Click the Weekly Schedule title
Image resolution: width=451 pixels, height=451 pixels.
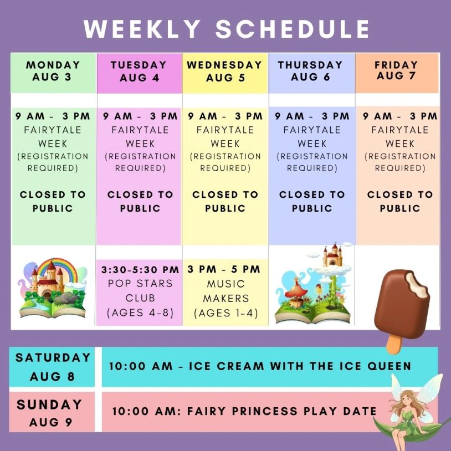pyautogui.click(x=227, y=29)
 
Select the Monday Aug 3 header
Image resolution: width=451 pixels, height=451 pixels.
pyautogui.click(x=53, y=71)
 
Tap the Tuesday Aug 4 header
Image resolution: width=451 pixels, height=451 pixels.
pyautogui.click(x=139, y=71)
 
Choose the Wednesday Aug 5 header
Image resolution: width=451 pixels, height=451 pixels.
pyautogui.click(x=224, y=71)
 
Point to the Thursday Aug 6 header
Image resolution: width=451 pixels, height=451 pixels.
pyautogui.click(x=310, y=71)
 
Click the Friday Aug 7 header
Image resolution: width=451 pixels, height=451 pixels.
pyautogui.click(x=396, y=70)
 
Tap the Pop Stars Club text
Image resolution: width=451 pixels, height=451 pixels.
pyautogui.click(x=140, y=290)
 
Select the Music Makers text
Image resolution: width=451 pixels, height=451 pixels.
pyautogui.click(x=226, y=291)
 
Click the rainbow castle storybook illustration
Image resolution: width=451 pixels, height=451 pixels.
pyautogui.click(x=52, y=288)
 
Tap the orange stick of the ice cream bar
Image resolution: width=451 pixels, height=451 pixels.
pyautogui.click(x=394, y=344)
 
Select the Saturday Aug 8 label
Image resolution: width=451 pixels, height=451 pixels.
pyautogui.click(x=53, y=367)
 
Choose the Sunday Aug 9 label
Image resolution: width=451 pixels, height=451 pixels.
pyautogui.click(x=50, y=413)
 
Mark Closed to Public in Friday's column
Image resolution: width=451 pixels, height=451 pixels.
pyautogui.click(x=400, y=201)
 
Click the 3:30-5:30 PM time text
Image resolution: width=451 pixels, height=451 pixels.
pyautogui.click(x=140, y=270)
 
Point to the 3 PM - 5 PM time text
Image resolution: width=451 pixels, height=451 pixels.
pyautogui.click(x=224, y=269)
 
